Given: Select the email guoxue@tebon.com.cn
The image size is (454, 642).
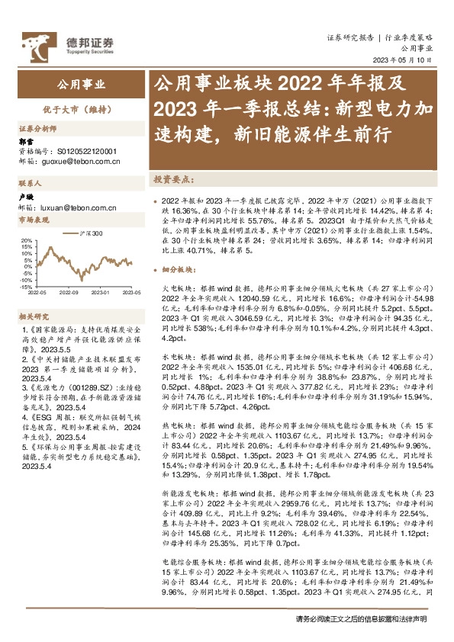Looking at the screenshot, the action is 84,162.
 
